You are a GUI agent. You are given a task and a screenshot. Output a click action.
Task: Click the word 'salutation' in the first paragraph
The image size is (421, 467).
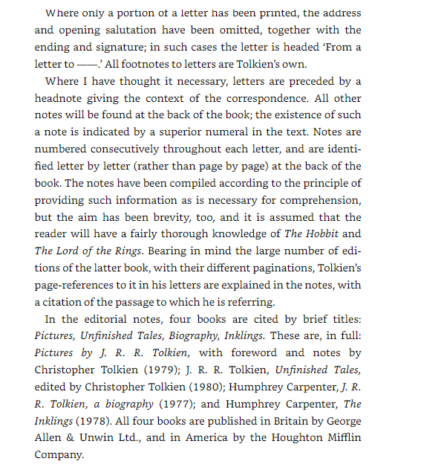144,30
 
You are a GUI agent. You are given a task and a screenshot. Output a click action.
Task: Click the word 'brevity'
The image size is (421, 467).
187,217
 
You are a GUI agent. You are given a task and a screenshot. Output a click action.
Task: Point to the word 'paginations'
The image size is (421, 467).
284,268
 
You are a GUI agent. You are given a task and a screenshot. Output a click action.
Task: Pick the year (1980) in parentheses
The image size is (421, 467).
199,387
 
